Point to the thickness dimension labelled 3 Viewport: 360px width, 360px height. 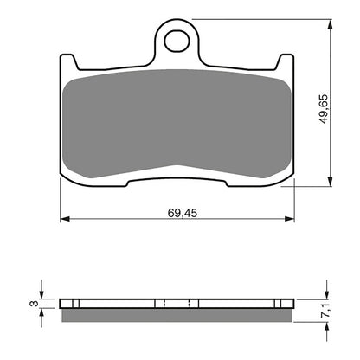(31, 304)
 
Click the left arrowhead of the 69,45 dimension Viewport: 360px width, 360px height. (62, 219)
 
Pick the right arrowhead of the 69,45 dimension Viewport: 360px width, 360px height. (292, 219)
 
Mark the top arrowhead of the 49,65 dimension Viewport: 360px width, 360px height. (330, 25)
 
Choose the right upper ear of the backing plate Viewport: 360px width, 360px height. (286, 62)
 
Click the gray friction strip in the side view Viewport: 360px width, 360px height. (178, 313)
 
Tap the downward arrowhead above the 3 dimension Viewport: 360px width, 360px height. (42, 293)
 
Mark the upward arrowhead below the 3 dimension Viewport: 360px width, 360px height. (42, 313)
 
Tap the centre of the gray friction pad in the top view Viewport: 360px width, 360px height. (177, 117)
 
